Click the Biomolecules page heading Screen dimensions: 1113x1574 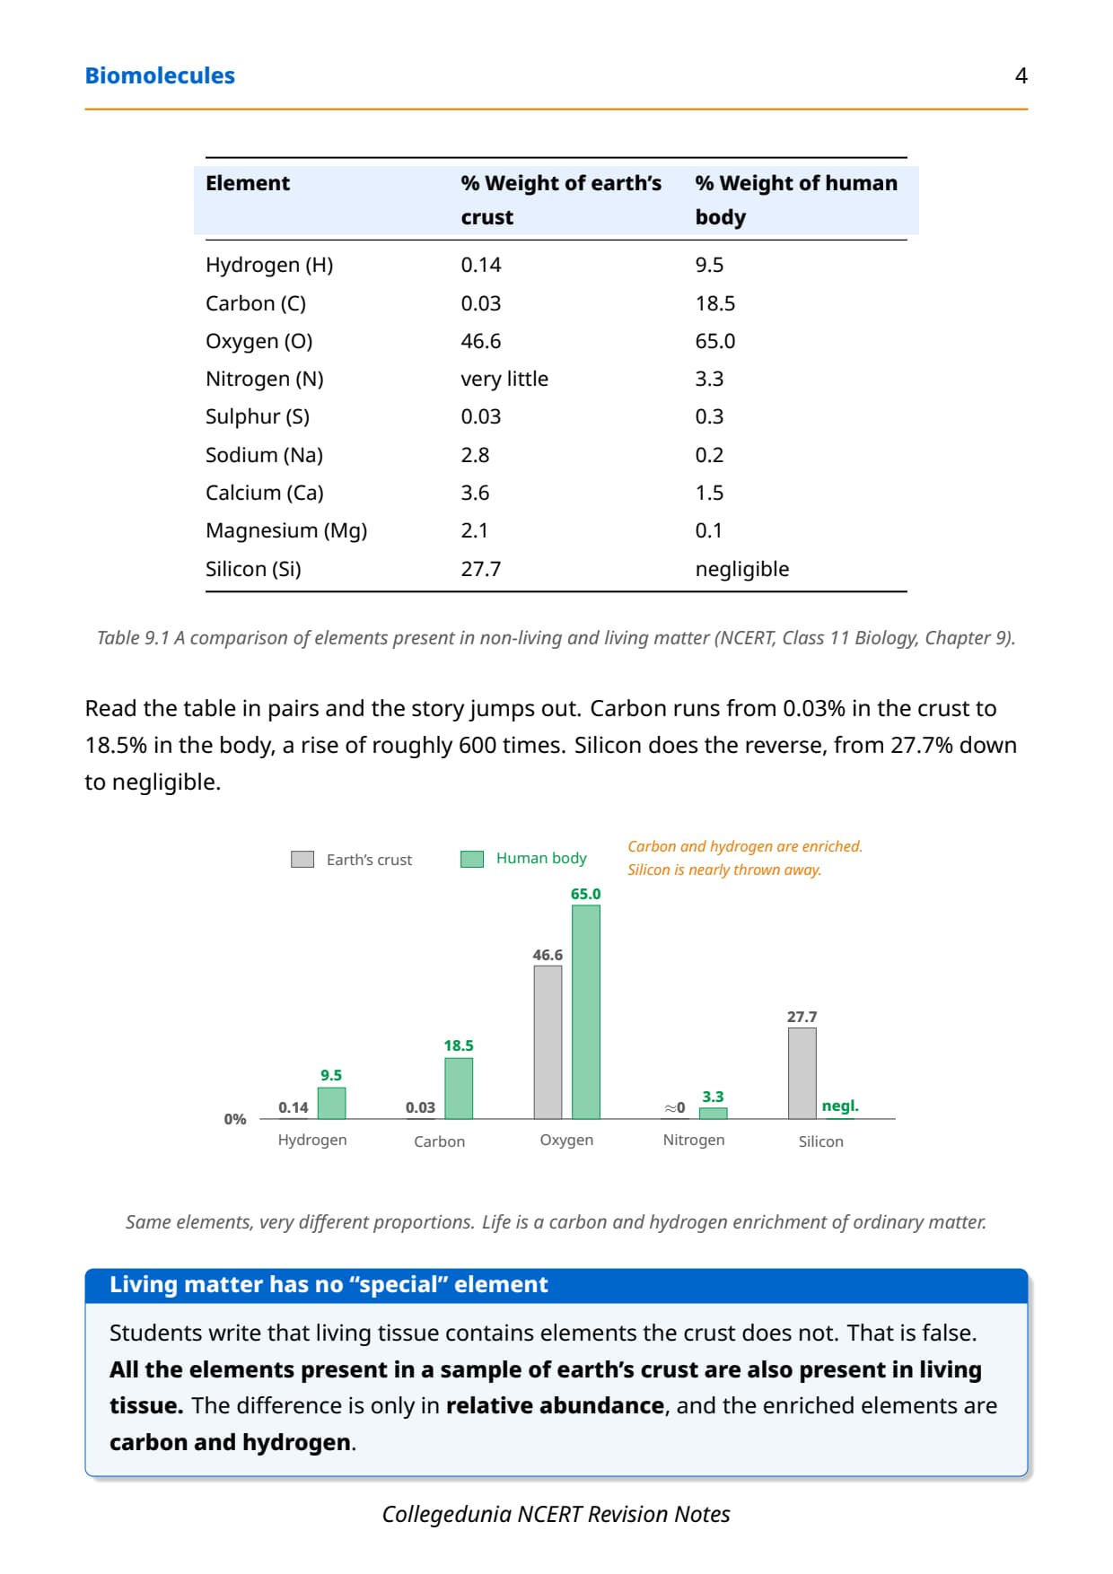coord(160,75)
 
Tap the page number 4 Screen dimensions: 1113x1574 coord(1021,75)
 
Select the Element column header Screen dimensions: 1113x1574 coord(248,183)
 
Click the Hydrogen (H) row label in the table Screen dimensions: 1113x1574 coord(269,265)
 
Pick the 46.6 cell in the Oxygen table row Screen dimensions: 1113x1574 coord(481,341)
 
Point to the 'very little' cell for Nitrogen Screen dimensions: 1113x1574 coord(504,379)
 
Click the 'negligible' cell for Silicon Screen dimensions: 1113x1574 coord(742,569)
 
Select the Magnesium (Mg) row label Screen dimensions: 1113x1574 coord(286,530)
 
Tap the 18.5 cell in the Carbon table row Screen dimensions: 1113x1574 coord(715,303)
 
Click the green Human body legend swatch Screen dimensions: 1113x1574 coord(472,859)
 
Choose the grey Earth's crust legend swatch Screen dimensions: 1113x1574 coord(302,860)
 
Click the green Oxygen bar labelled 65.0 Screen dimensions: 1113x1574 coord(586,1012)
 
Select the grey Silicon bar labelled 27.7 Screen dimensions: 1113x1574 coord(802,1073)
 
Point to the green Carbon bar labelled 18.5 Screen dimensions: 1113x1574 coord(459,1089)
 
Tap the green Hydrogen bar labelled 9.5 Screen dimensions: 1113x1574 coord(331,1103)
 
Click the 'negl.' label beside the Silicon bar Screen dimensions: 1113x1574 coord(840,1106)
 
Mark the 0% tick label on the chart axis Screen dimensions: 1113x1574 coord(235,1119)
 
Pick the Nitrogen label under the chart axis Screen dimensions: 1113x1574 coord(694,1140)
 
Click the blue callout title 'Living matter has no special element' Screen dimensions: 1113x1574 coord(329,1285)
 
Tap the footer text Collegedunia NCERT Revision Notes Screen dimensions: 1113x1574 coord(556,1514)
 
